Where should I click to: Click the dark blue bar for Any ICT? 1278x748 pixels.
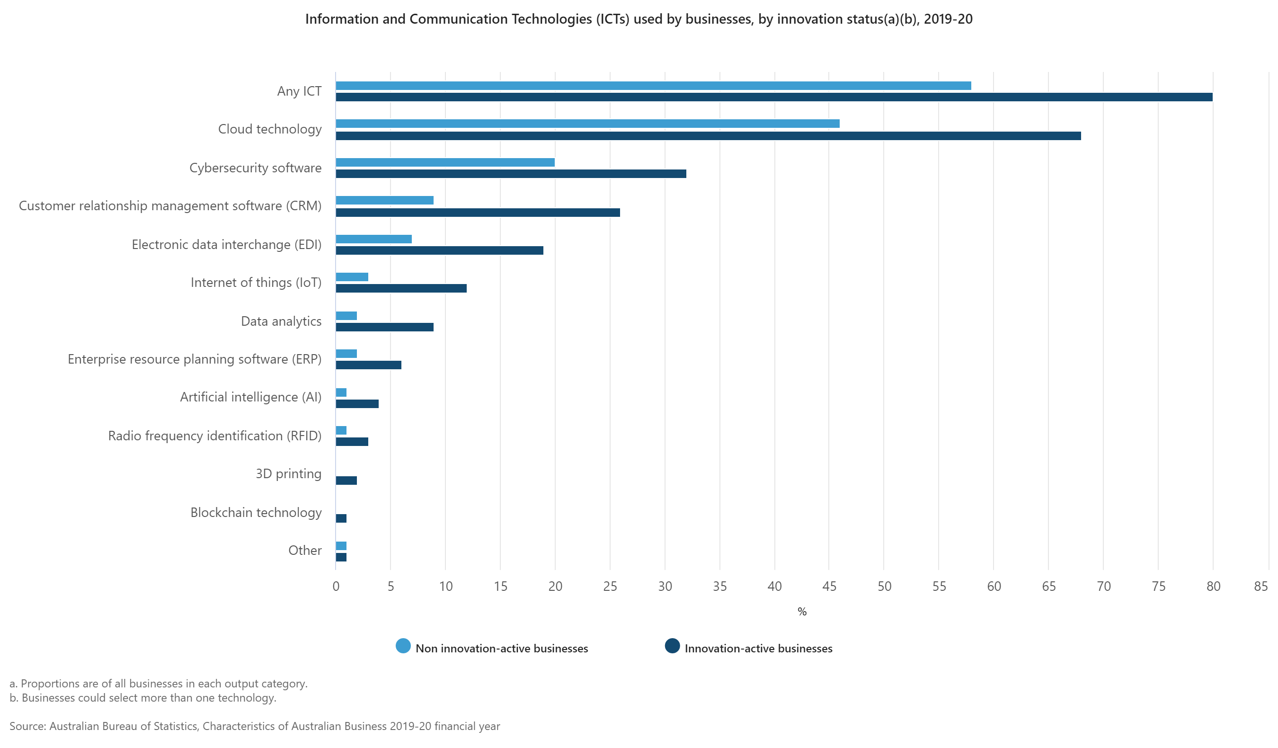click(x=773, y=97)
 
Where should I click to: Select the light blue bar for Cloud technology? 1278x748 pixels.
click(x=587, y=124)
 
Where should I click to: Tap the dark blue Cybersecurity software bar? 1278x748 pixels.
click(x=511, y=174)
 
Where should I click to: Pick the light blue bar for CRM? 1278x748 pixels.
click(x=384, y=200)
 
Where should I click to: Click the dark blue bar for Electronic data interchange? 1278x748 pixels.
click(x=439, y=250)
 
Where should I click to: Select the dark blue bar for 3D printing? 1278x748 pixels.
click(x=346, y=480)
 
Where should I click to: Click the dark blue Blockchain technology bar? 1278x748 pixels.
click(x=341, y=518)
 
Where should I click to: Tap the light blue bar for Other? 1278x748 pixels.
click(x=341, y=546)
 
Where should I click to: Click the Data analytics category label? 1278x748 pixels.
click(x=281, y=321)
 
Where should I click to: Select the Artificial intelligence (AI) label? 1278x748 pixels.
click(x=250, y=397)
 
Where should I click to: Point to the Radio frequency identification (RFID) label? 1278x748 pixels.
click(x=214, y=436)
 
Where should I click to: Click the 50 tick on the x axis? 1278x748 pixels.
click(x=884, y=586)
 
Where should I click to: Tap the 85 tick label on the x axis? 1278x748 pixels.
click(x=1261, y=586)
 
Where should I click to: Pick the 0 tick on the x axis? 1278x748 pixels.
click(x=336, y=586)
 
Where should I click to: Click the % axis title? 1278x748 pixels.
click(x=802, y=612)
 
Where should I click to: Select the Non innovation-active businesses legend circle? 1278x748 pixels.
click(x=403, y=646)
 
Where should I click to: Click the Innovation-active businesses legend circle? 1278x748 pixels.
click(x=672, y=646)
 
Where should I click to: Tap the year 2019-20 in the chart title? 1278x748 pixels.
click(x=948, y=19)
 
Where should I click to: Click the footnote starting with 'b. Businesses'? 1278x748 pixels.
click(x=143, y=698)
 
